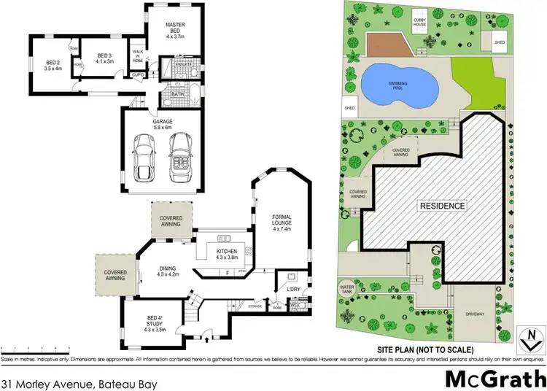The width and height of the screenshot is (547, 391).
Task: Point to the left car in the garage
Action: (x=141, y=160)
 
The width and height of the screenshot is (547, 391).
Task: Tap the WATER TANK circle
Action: (x=346, y=290)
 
